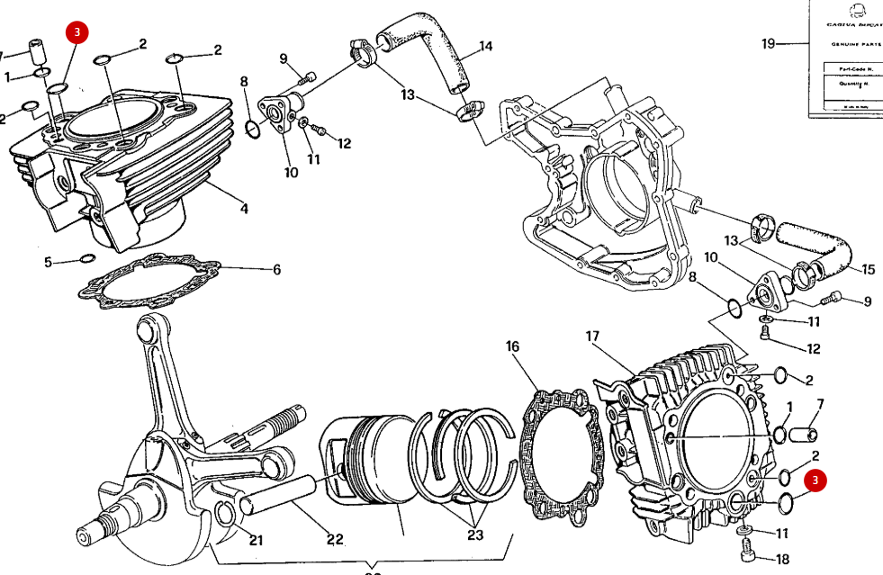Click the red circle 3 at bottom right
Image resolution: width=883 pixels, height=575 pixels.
click(815, 481)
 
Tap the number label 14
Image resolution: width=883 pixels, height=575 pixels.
click(486, 46)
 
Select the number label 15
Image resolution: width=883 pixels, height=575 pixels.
click(868, 270)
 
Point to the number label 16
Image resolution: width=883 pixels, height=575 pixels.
click(512, 346)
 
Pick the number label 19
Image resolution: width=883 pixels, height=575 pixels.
click(768, 43)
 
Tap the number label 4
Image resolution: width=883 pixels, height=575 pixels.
click(244, 210)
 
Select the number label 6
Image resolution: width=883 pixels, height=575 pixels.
click(276, 269)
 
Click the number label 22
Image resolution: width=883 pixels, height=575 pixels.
click(335, 539)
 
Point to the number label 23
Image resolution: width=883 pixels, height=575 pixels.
click(475, 535)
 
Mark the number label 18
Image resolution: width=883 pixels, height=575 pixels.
click(782, 559)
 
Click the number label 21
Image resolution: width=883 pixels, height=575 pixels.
click(257, 540)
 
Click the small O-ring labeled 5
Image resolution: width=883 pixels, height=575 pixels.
click(87, 259)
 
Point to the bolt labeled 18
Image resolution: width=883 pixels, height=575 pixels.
click(745, 544)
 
